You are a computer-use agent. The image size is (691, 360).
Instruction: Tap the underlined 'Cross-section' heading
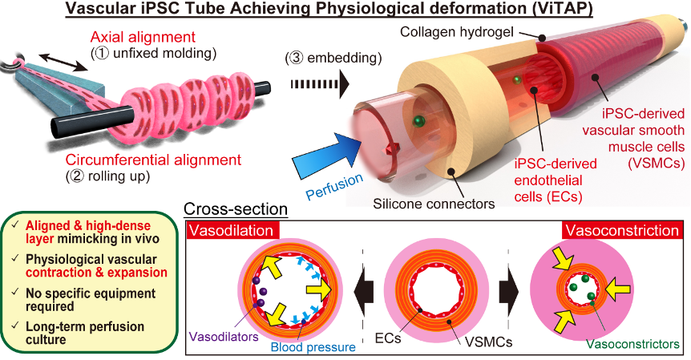pyautogui.click(x=236, y=210)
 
